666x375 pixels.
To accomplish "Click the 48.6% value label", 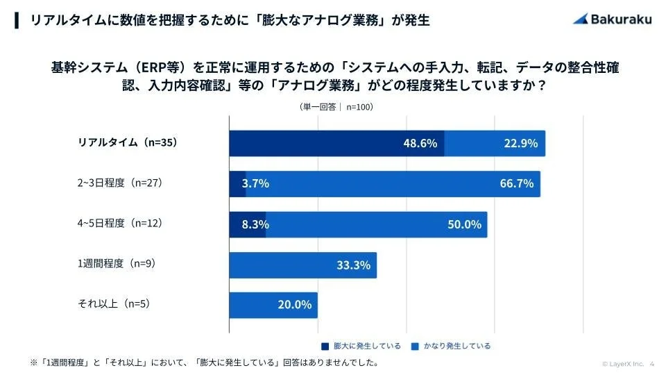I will [x=420, y=144].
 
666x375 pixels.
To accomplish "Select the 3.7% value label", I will [x=255, y=184].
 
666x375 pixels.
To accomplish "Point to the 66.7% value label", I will [x=516, y=184].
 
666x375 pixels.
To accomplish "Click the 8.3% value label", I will [x=255, y=224].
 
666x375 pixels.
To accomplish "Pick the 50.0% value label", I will [x=464, y=224].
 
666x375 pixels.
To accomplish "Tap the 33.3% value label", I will [x=353, y=265].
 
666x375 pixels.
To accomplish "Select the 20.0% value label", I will [x=294, y=305].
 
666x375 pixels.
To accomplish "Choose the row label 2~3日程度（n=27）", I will [x=119, y=183].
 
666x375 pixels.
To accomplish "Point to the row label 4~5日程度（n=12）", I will [x=119, y=224].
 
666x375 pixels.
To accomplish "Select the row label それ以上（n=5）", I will [x=114, y=304].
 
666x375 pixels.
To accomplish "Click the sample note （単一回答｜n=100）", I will [x=336, y=107].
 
